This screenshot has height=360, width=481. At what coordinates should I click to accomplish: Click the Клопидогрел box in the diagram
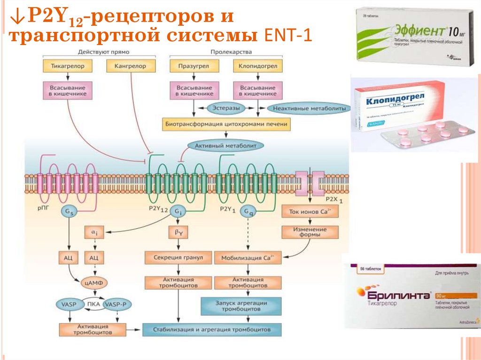point(258,66)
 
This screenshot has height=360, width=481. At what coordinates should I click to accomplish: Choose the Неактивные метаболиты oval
point(309,108)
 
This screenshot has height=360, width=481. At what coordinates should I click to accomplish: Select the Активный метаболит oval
point(223,146)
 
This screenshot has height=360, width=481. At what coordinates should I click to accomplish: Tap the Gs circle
point(69,213)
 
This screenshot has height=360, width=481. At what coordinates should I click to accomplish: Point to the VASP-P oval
point(116,305)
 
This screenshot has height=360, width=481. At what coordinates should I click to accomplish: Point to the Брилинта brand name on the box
point(394,296)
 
